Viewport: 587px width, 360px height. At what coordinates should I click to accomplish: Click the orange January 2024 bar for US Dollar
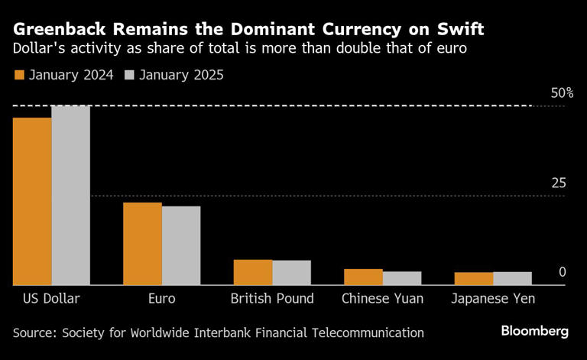click(x=32, y=202)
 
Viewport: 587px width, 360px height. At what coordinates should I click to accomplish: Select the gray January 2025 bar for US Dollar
click(x=70, y=196)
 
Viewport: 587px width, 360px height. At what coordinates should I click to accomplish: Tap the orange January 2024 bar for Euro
click(x=142, y=244)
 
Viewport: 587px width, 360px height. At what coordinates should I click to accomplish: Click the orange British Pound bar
click(x=252, y=273)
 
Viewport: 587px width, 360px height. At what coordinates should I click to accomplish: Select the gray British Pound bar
click(x=291, y=273)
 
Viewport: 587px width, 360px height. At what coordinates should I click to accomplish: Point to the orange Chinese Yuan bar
click(x=363, y=277)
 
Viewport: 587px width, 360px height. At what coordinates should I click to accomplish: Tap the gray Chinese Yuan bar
click(x=401, y=278)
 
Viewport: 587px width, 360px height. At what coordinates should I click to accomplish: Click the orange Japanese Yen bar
click(x=473, y=279)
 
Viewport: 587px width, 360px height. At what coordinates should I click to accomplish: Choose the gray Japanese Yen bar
click(x=511, y=278)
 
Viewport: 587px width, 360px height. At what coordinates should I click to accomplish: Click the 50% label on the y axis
click(x=562, y=93)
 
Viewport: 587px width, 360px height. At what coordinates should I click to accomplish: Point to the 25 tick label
click(x=559, y=183)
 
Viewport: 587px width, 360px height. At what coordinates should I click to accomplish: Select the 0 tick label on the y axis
click(x=562, y=272)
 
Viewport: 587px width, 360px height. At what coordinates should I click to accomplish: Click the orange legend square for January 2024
click(x=20, y=75)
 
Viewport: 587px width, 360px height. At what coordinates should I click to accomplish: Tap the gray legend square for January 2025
click(x=128, y=75)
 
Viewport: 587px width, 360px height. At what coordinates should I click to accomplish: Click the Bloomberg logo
click(x=534, y=332)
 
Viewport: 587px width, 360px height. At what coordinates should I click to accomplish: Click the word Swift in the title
click(x=458, y=30)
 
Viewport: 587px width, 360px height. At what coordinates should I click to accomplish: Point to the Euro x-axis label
click(x=161, y=299)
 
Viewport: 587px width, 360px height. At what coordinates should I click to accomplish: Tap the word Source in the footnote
click(x=36, y=332)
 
